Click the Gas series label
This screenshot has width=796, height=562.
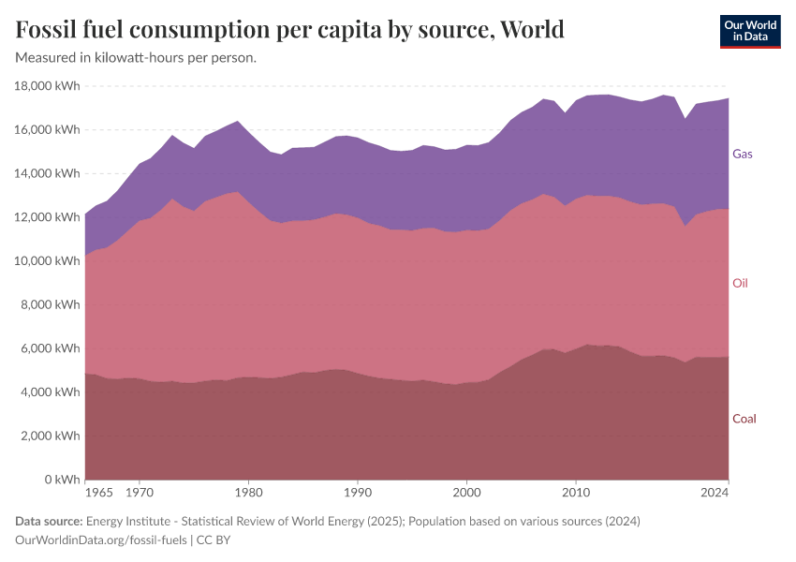click(743, 154)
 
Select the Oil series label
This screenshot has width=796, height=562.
click(740, 283)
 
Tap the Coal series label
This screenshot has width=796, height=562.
click(744, 419)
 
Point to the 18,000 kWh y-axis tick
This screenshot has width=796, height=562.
click(48, 86)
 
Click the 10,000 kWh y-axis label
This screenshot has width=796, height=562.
click(48, 261)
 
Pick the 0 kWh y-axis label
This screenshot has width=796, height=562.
click(61, 480)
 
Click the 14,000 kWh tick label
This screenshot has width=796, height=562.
click(48, 173)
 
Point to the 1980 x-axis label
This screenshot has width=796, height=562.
click(248, 491)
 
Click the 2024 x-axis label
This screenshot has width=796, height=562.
click(715, 491)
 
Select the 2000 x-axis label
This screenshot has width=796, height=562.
click(466, 491)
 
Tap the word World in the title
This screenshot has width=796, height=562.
click(532, 30)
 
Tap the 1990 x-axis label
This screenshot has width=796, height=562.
click(357, 491)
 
